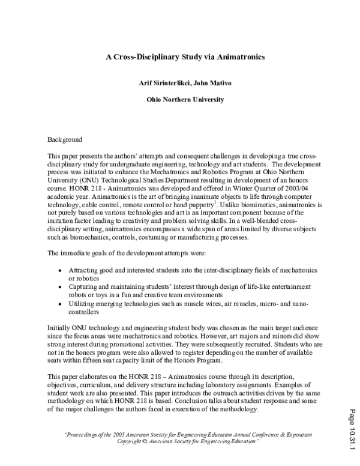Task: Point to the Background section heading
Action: click(x=65, y=139)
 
